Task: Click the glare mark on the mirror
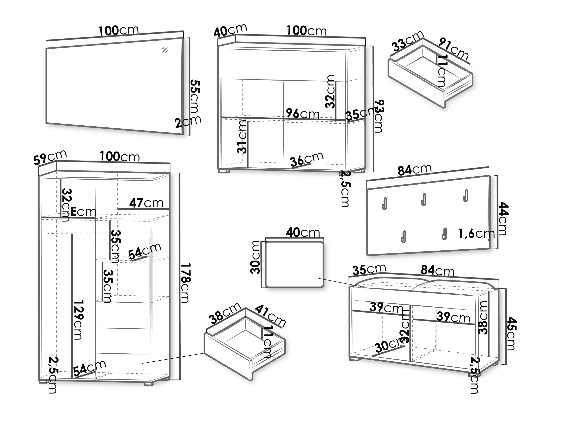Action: pos(165,50)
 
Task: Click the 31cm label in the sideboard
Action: pos(242,137)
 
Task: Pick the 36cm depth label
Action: pos(307,159)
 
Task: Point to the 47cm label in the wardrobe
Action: pos(146,203)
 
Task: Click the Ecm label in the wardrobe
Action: pos(83,212)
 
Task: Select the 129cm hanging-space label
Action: pos(78,320)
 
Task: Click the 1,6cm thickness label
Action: pos(476,234)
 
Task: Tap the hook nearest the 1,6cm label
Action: pos(444,234)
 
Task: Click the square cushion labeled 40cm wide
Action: pos(294,265)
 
